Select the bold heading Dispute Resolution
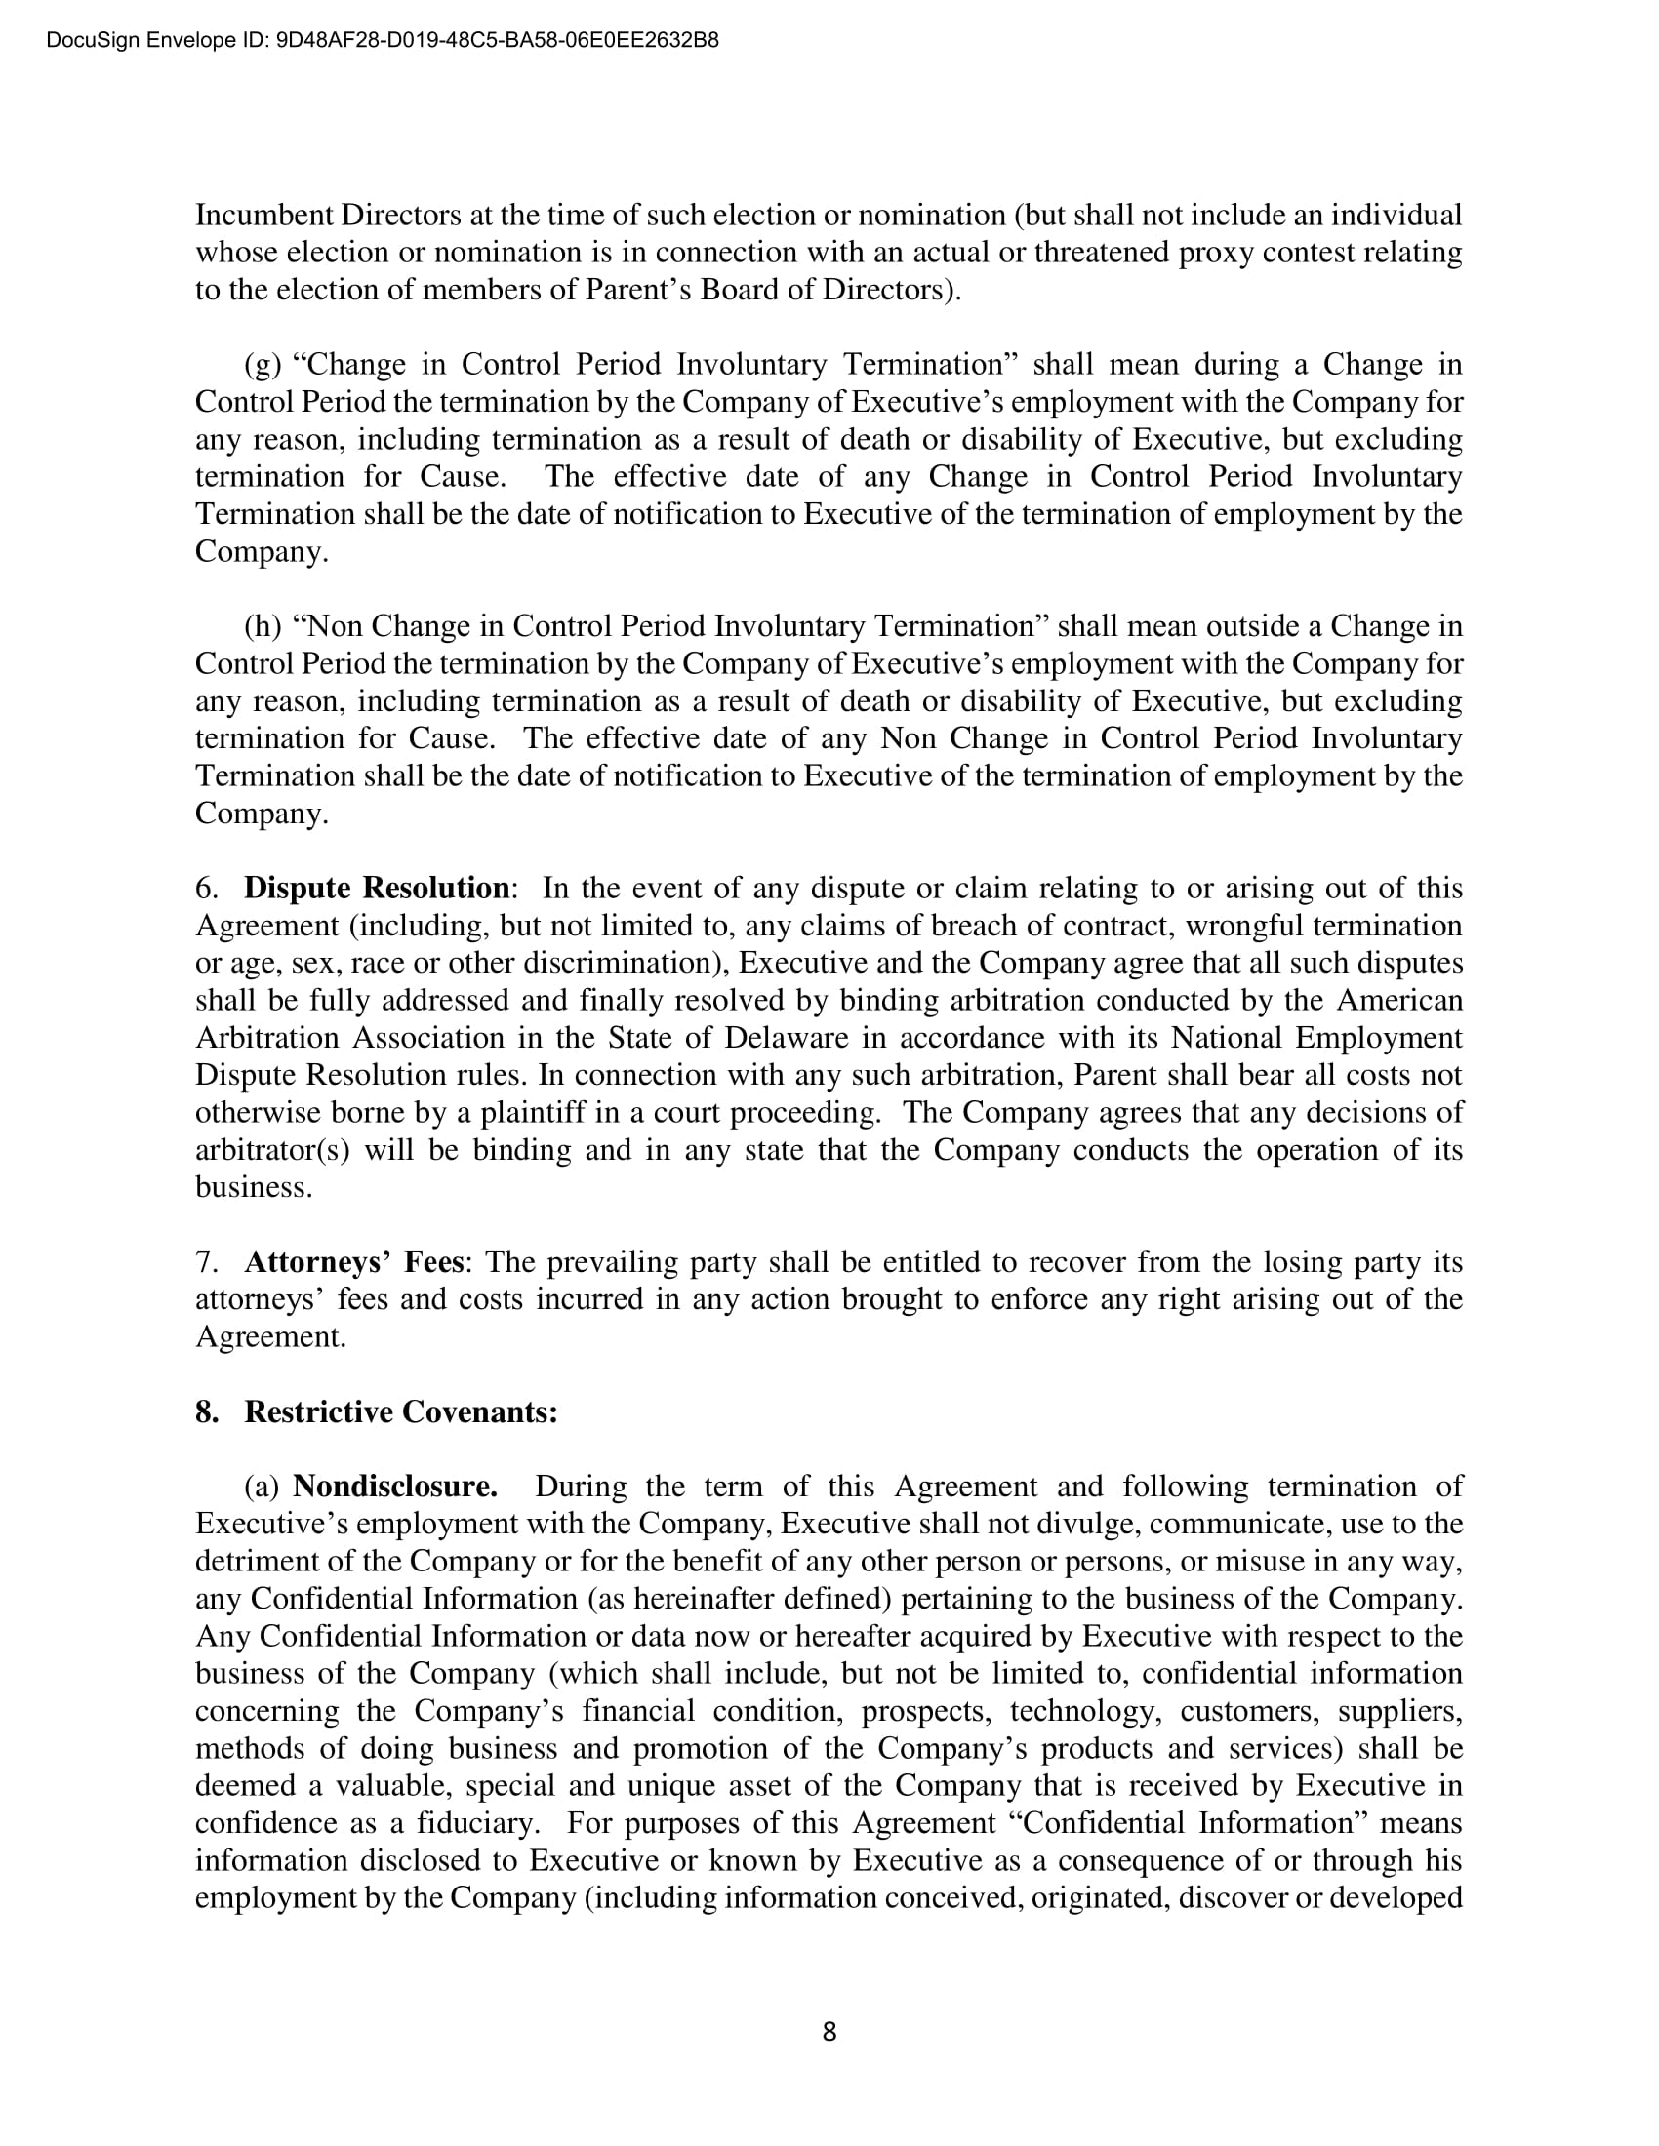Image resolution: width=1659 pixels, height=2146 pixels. [x=377, y=889]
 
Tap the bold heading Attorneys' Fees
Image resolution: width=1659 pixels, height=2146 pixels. [x=353, y=1261]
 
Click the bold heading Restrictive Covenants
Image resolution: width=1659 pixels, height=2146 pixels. [x=401, y=1412]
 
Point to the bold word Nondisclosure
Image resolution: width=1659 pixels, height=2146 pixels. [x=395, y=1486]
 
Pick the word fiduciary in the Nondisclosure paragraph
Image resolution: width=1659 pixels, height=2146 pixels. [x=478, y=1823]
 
